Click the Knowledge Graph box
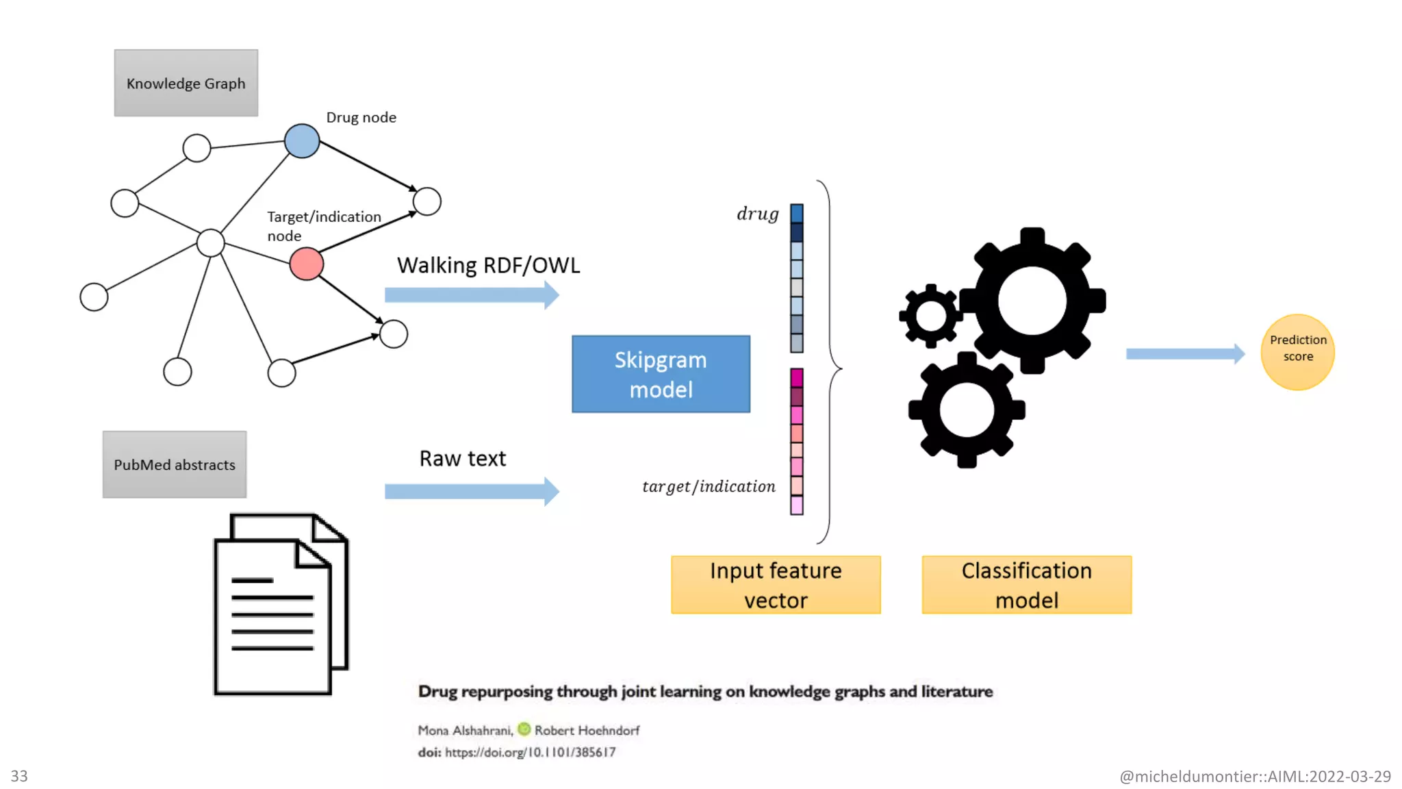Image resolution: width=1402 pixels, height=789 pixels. [186, 83]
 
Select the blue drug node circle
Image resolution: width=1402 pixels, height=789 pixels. [302, 141]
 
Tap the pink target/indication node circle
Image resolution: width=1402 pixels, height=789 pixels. [306, 264]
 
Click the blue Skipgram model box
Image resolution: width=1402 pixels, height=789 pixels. [661, 374]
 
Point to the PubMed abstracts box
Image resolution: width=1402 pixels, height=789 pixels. [175, 464]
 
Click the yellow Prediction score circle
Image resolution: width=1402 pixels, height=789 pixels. [1297, 352]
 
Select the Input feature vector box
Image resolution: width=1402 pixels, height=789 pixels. [776, 585]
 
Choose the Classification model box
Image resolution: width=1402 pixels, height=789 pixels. [1026, 585]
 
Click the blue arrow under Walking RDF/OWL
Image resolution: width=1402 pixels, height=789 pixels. [472, 295]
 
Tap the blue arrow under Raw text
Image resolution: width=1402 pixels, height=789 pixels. [472, 491]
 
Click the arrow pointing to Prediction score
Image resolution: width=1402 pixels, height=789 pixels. [1186, 353]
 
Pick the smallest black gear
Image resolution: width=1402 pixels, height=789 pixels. [930, 316]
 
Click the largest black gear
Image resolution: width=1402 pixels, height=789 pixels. [1032, 301]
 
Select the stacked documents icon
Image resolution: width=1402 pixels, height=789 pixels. [281, 604]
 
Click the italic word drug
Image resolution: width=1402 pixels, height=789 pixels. [758, 214]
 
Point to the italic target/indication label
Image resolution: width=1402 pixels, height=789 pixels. [709, 486]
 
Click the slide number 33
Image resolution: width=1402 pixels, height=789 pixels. [19, 776]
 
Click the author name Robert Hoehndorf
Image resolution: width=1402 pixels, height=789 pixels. [587, 730]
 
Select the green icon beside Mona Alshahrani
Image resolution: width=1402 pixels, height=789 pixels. [524, 729]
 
